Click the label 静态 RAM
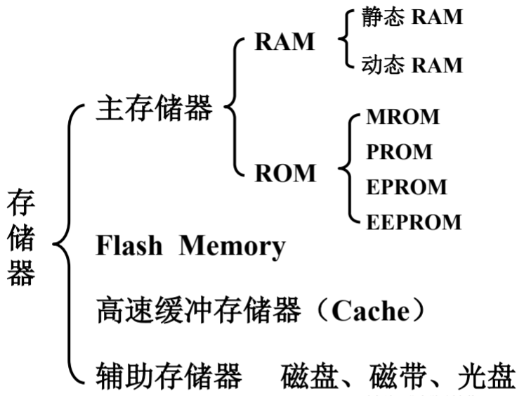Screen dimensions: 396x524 coord(412,18)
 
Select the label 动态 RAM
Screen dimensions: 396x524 coord(412,65)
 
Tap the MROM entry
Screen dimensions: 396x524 coord(402,117)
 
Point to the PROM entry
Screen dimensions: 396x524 coord(399,151)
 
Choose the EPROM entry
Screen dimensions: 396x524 coord(406,186)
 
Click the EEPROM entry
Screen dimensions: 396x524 coord(414,222)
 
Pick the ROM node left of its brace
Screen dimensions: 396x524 coord(285,172)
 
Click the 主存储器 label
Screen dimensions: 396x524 coord(154,110)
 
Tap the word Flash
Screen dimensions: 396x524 coord(129,246)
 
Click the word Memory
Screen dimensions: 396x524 coord(232,246)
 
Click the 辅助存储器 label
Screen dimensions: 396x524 coord(169,376)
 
